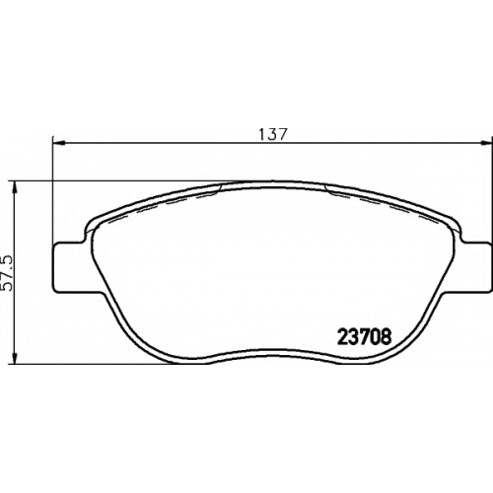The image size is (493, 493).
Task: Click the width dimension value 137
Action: (273, 134)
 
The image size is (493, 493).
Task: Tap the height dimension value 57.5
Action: (7, 273)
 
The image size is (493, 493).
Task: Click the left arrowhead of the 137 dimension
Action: (58, 143)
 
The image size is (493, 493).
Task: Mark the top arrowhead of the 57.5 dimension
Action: (14, 187)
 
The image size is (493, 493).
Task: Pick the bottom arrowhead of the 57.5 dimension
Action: (14, 358)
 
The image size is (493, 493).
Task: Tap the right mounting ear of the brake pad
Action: (475, 266)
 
